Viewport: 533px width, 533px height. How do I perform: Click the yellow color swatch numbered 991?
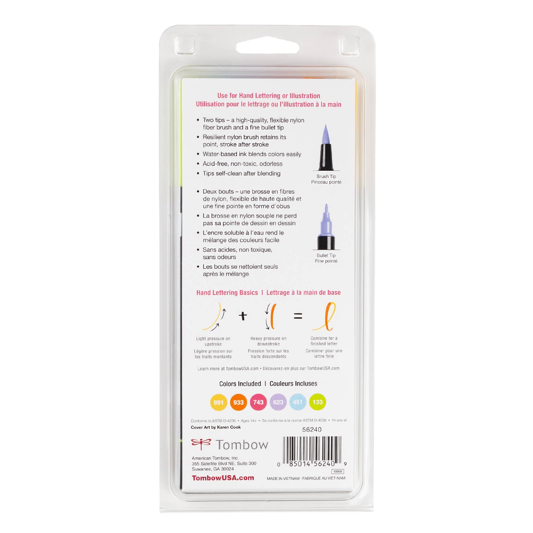coord(219,402)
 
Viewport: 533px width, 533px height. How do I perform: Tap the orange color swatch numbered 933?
coord(238,402)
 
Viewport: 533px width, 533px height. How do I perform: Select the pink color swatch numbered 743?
coord(258,402)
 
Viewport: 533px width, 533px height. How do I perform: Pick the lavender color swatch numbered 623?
coord(278,402)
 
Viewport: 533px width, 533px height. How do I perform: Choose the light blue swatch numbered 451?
coord(298,402)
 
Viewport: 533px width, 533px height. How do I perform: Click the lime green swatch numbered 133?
coord(317,402)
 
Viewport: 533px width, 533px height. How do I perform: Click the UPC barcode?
coord(312,450)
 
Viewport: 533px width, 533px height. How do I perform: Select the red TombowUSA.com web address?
coord(223,478)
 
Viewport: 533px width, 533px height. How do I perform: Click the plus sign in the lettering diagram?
coord(243,316)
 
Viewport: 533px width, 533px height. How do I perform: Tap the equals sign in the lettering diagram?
coord(298,316)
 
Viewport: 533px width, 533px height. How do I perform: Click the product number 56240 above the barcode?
coord(312,430)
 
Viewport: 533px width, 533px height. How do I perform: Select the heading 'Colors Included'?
coord(240,384)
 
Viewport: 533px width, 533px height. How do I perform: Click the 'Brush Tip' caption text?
coord(326,176)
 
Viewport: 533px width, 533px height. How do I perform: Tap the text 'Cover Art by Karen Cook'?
coord(216,427)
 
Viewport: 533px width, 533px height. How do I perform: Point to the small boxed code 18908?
coord(338,471)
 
